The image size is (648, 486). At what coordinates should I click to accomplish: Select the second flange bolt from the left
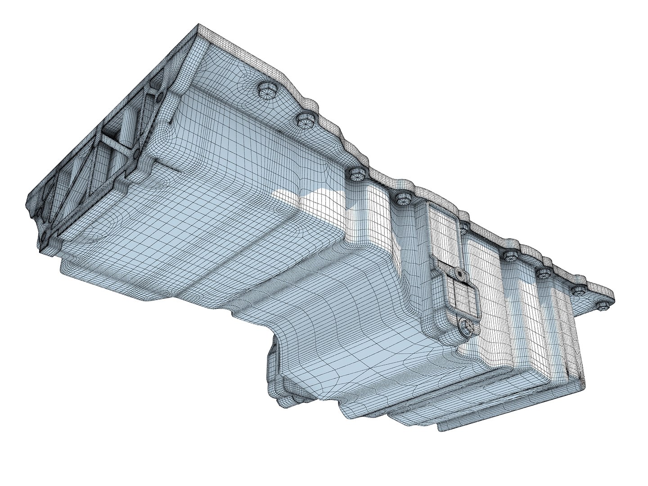[305, 120]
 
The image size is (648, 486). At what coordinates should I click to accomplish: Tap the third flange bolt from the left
[355, 174]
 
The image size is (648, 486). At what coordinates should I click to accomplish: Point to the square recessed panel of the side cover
[461, 297]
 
